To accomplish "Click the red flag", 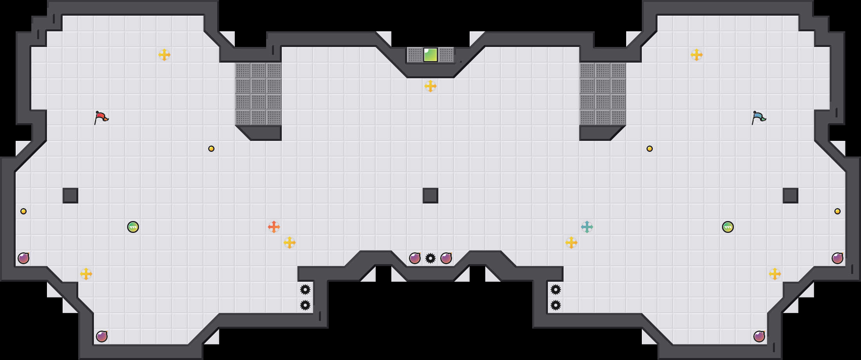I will click(x=101, y=117).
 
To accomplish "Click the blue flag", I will click(x=758, y=117).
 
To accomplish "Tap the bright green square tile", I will click(x=430, y=55).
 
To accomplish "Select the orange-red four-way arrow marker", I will click(x=274, y=227).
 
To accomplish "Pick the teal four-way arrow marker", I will click(x=587, y=227).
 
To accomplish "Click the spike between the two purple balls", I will click(x=430, y=258).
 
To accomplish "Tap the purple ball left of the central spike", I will click(x=415, y=258).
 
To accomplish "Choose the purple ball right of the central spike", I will click(x=446, y=258).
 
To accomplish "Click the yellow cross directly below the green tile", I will click(x=430, y=86).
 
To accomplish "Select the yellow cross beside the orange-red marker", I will click(x=290, y=243).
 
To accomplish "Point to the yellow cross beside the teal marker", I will click(x=571, y=243).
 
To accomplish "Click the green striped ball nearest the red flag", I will click(x=133, y=227).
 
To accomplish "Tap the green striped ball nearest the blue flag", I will click(x=728, y=227).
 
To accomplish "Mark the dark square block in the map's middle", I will click(x=430, y=196).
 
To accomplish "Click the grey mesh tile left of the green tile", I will click(x=415, y=55).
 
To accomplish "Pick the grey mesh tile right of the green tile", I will click(x=446, y=55).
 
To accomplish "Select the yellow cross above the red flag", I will click(x=164, y=55).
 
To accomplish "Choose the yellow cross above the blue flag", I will click(x=697, y=55).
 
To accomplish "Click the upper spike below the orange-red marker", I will click(x=305, y=290).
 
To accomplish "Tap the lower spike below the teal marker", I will click(x=556, y=305).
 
